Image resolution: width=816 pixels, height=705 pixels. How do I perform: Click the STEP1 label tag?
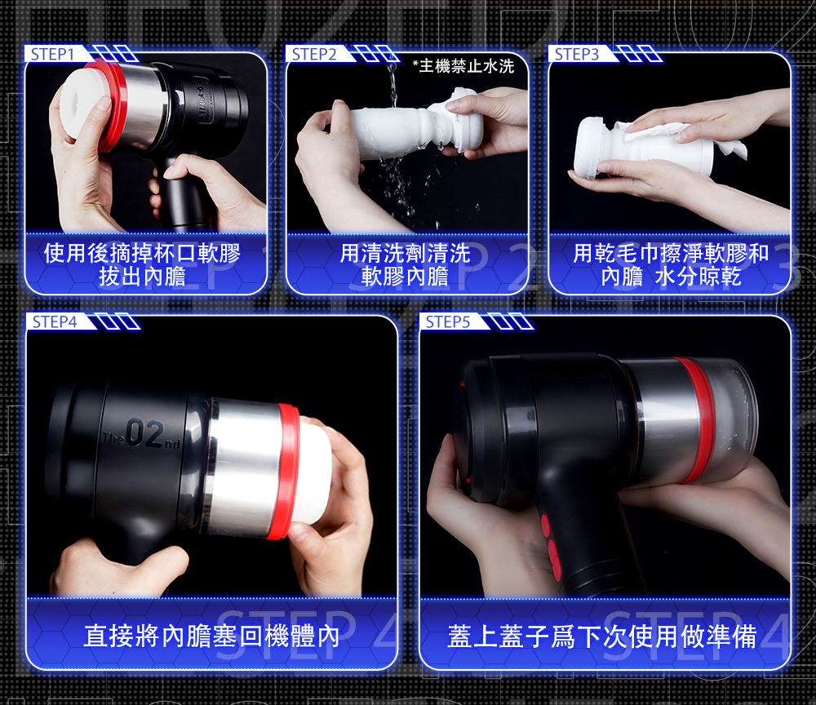(53, 54)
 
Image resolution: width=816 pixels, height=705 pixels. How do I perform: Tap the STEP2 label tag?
(314, 54)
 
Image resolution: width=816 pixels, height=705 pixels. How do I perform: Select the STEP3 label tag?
(577, 54)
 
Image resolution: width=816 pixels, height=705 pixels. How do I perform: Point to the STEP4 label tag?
(55, 322)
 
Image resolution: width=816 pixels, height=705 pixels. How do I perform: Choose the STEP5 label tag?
(448, 322)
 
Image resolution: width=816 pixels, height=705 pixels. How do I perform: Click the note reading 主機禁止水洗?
(463, 66)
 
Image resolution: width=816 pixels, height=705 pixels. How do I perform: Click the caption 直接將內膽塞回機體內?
(211, 636)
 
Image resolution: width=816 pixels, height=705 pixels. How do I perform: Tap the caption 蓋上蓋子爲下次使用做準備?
(602, 636)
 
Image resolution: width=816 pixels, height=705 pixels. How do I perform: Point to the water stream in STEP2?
(392, 83)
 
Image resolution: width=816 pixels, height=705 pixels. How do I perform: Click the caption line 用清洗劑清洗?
(405, 254)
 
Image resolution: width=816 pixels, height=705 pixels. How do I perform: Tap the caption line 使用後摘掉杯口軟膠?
(142, 254)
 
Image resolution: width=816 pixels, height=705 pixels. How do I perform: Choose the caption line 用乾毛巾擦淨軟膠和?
(671, 254)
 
